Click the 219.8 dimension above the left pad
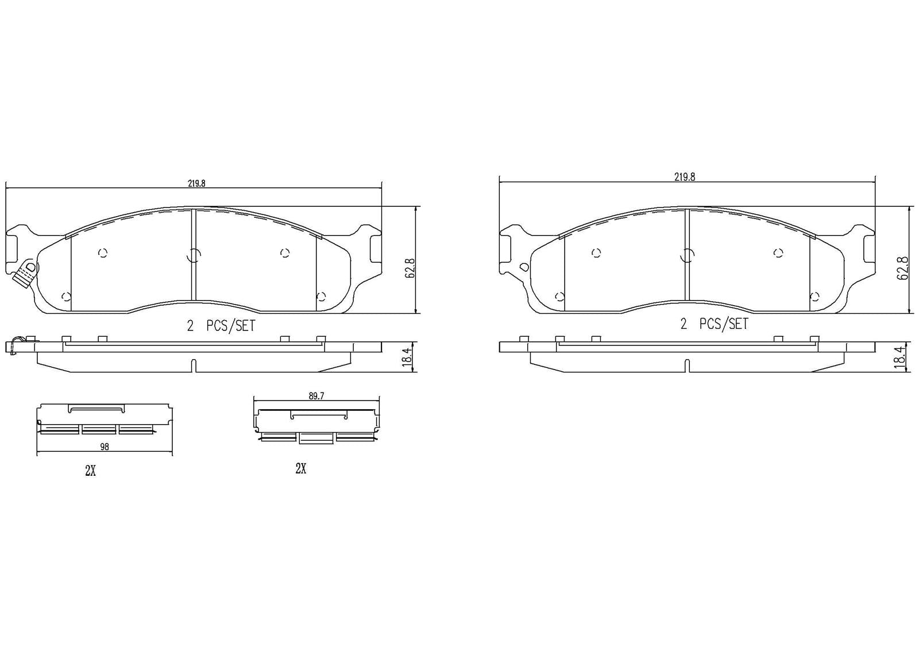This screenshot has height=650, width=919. tap(196, 183)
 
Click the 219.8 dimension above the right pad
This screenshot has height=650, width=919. tap(685, 178)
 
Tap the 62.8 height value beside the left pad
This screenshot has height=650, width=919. tap(410, 268)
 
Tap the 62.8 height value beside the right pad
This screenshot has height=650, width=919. tap(902, 268)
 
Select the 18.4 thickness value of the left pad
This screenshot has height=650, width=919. tap(407, 357)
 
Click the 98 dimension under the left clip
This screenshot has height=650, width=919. tap(104, 447)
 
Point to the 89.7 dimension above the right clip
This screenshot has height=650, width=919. tap(316, 396)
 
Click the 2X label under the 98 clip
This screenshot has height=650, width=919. tap(90, 471)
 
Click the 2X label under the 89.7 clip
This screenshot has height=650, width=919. tap(300, 469)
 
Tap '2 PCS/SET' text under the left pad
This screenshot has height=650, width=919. tap(221, 326)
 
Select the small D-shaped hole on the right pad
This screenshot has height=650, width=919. tap(523, 267)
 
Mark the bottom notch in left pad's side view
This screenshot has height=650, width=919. tap(194, 366)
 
